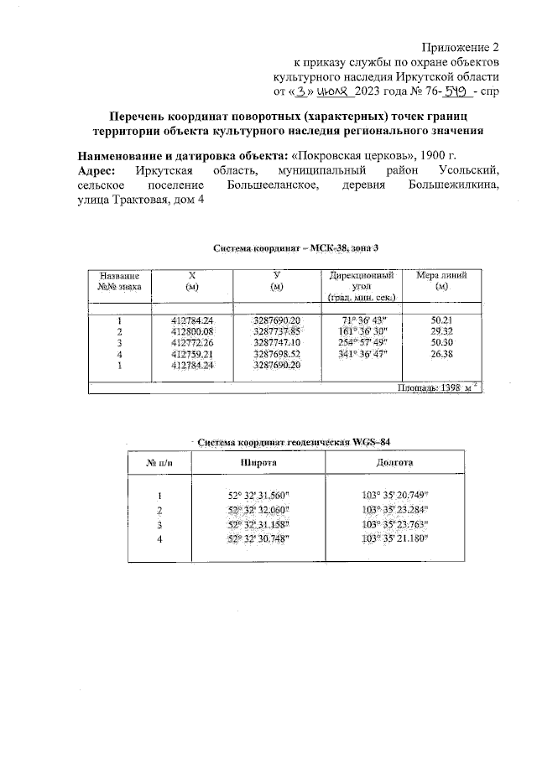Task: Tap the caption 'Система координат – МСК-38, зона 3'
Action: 289,248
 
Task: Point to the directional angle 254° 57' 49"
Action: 362,342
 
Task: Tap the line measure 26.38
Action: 441,353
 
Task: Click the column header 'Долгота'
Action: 394,463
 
